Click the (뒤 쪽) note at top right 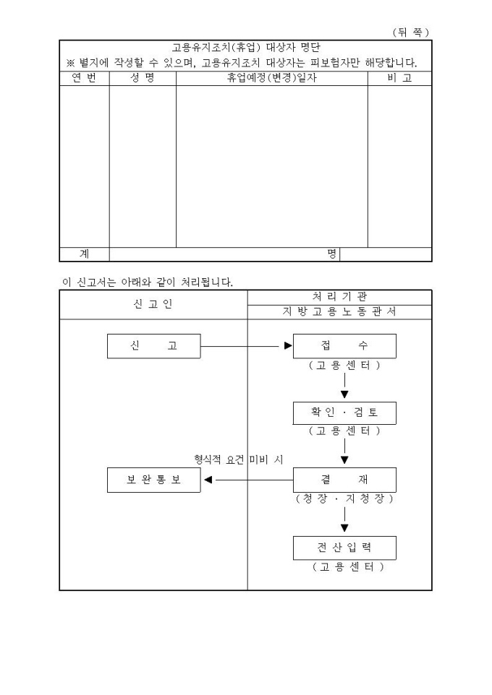411,33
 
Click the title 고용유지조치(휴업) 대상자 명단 246,48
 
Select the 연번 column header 85,78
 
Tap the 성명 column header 143,78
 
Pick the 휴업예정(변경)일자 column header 272,78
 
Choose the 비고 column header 399,78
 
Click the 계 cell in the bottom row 85,254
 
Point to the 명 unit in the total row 331,254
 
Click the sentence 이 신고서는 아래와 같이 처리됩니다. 148,282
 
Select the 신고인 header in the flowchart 153,304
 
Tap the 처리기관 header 339,297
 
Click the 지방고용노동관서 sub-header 339,311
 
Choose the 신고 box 153,346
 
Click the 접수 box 344,346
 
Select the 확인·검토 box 344,413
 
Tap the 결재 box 344,480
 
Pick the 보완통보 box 153,480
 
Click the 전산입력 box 344,548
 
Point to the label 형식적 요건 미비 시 239,459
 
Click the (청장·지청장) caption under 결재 344,499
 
